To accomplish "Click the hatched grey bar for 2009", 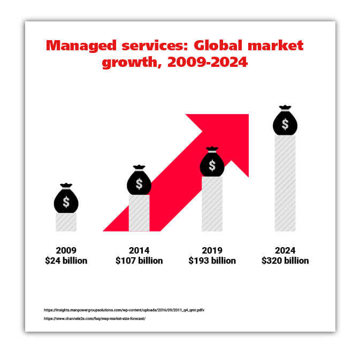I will [66, 222].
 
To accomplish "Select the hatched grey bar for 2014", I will [139, 213].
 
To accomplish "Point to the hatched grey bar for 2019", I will [212, 204].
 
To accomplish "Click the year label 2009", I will [66, 250].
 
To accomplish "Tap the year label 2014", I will [139, 250].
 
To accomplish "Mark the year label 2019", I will [212, 250].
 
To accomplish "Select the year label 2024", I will [285, 250].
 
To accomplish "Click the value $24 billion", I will [66, 261].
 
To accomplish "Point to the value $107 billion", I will [139, 261].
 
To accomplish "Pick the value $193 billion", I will [212, 261].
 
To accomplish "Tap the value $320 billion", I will [285, 261].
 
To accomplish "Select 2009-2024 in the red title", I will [208, 62].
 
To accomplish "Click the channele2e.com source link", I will [94, 319].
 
